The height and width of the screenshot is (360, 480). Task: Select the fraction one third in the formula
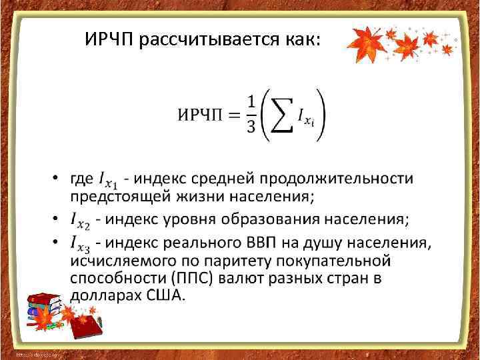251,114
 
